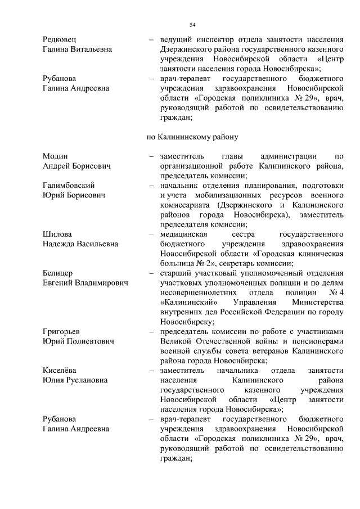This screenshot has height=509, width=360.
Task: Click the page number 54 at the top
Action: click(x=192, y=25)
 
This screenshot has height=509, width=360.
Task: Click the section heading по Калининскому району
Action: click(x=192, y=136)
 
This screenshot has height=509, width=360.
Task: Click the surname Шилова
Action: click(x=57, y=233)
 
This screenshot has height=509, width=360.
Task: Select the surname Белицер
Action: click(x=58, y=273)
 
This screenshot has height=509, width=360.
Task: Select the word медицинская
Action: click(x=183, y=233)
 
